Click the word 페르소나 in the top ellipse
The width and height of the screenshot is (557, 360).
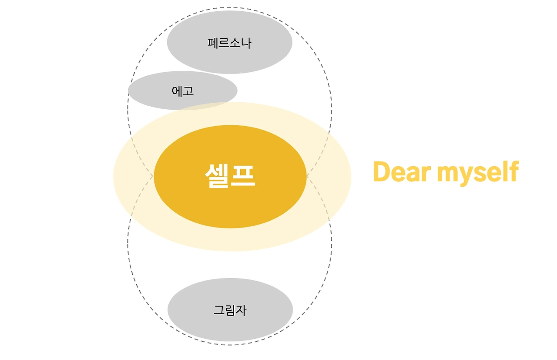pos(229,43)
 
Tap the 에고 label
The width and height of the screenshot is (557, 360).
pos(183,91)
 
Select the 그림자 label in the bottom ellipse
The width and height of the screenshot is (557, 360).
pos(230,310)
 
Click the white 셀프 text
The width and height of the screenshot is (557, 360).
pos(230,176)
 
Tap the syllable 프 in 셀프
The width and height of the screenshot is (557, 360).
pos(243,176)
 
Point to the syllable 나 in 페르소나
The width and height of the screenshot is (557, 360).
pos(246,43)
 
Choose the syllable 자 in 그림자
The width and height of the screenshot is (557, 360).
pos(241,310)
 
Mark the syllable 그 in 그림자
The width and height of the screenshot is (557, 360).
pos(218,310)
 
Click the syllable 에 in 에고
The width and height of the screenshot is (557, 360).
pos(177,91)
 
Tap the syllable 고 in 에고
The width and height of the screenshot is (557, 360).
pos(188,91)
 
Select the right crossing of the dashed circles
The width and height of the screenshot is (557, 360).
pos(307,176)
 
